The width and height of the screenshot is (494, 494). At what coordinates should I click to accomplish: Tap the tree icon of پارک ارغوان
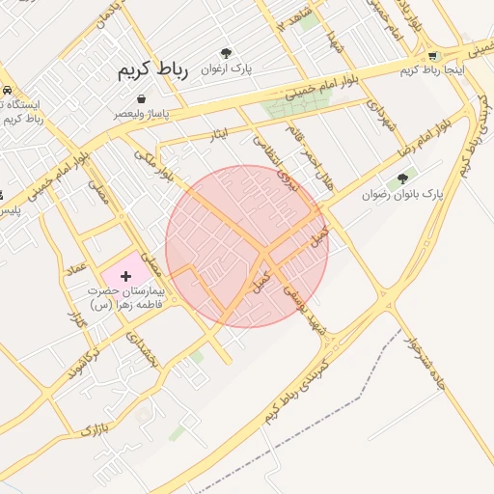226,55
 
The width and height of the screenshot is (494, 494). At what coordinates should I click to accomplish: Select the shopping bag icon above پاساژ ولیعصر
142,98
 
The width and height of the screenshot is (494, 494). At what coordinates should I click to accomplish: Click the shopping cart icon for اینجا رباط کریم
432,56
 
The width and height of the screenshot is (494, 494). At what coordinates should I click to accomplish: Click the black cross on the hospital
125,277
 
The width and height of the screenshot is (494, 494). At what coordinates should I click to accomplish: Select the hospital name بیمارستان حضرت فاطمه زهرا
126,296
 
